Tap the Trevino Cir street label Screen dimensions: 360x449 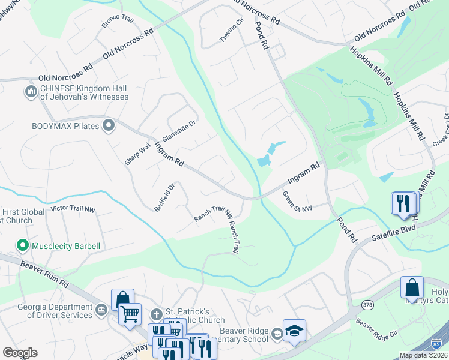tap(232, 30)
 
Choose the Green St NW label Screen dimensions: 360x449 tap(297, 201)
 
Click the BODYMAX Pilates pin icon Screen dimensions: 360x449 tap(109, 126)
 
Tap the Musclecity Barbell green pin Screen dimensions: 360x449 tap(23, 246)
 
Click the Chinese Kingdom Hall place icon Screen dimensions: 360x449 tap(31, 92)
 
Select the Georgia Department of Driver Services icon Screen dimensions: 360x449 tap(101, 310)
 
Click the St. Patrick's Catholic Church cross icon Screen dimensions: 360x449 tap(156, 314)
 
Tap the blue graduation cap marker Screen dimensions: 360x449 tap(294, 331)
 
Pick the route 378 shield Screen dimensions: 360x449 tap(367, 305)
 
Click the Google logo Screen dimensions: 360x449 tap(20, 353)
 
